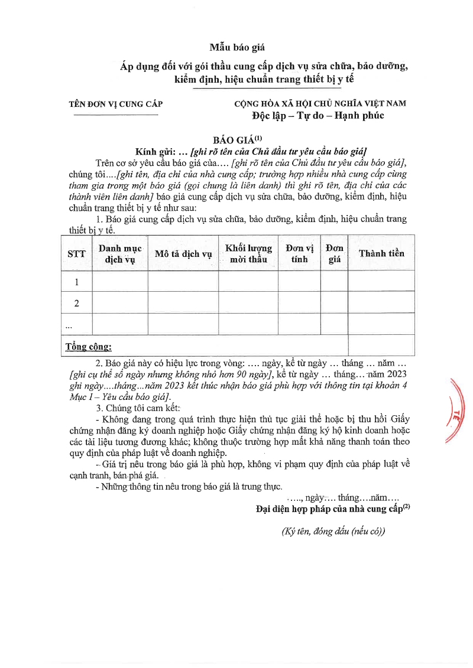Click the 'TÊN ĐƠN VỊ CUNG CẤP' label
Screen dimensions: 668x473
116,104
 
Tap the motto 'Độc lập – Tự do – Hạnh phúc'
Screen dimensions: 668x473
318,116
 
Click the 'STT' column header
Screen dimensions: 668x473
76,253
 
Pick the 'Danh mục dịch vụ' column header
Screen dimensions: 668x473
120,253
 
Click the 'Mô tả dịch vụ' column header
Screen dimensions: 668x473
183,253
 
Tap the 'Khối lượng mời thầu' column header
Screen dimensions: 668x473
248,253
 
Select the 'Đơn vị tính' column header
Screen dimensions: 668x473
300,253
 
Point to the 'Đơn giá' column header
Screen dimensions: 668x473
334,253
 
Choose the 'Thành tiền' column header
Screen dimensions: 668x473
381,253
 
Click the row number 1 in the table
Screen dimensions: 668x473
76,282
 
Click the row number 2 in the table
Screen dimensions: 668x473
76,303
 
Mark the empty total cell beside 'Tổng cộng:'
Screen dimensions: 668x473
381,346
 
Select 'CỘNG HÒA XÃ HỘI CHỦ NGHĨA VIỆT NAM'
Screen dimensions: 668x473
320,103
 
